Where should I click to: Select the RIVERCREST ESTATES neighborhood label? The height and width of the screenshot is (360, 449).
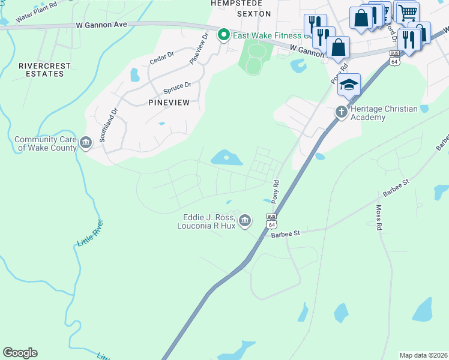click(x=44, y=70)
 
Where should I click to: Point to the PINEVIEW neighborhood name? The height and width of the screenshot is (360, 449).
click(x=169, y=103)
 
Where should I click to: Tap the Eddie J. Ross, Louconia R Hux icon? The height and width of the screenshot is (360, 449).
click(x=245, y=221)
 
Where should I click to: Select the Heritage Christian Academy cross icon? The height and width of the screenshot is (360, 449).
click(x=341, y=112)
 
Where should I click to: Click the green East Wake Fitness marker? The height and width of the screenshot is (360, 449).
click(x=224, y=35)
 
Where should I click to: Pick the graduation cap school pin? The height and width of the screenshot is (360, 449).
click(x=349, y=85)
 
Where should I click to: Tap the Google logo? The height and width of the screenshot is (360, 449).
click(x=20, y=353)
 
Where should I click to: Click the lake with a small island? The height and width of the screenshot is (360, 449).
click(x=226, y=158)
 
